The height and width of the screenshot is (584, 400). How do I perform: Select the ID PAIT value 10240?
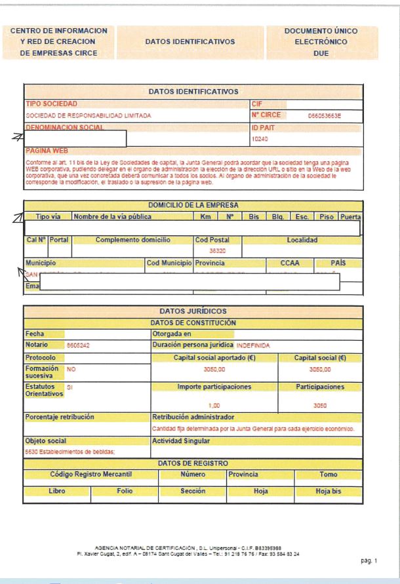pos(260,139)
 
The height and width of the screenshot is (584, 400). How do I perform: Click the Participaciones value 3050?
pos(321,405)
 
